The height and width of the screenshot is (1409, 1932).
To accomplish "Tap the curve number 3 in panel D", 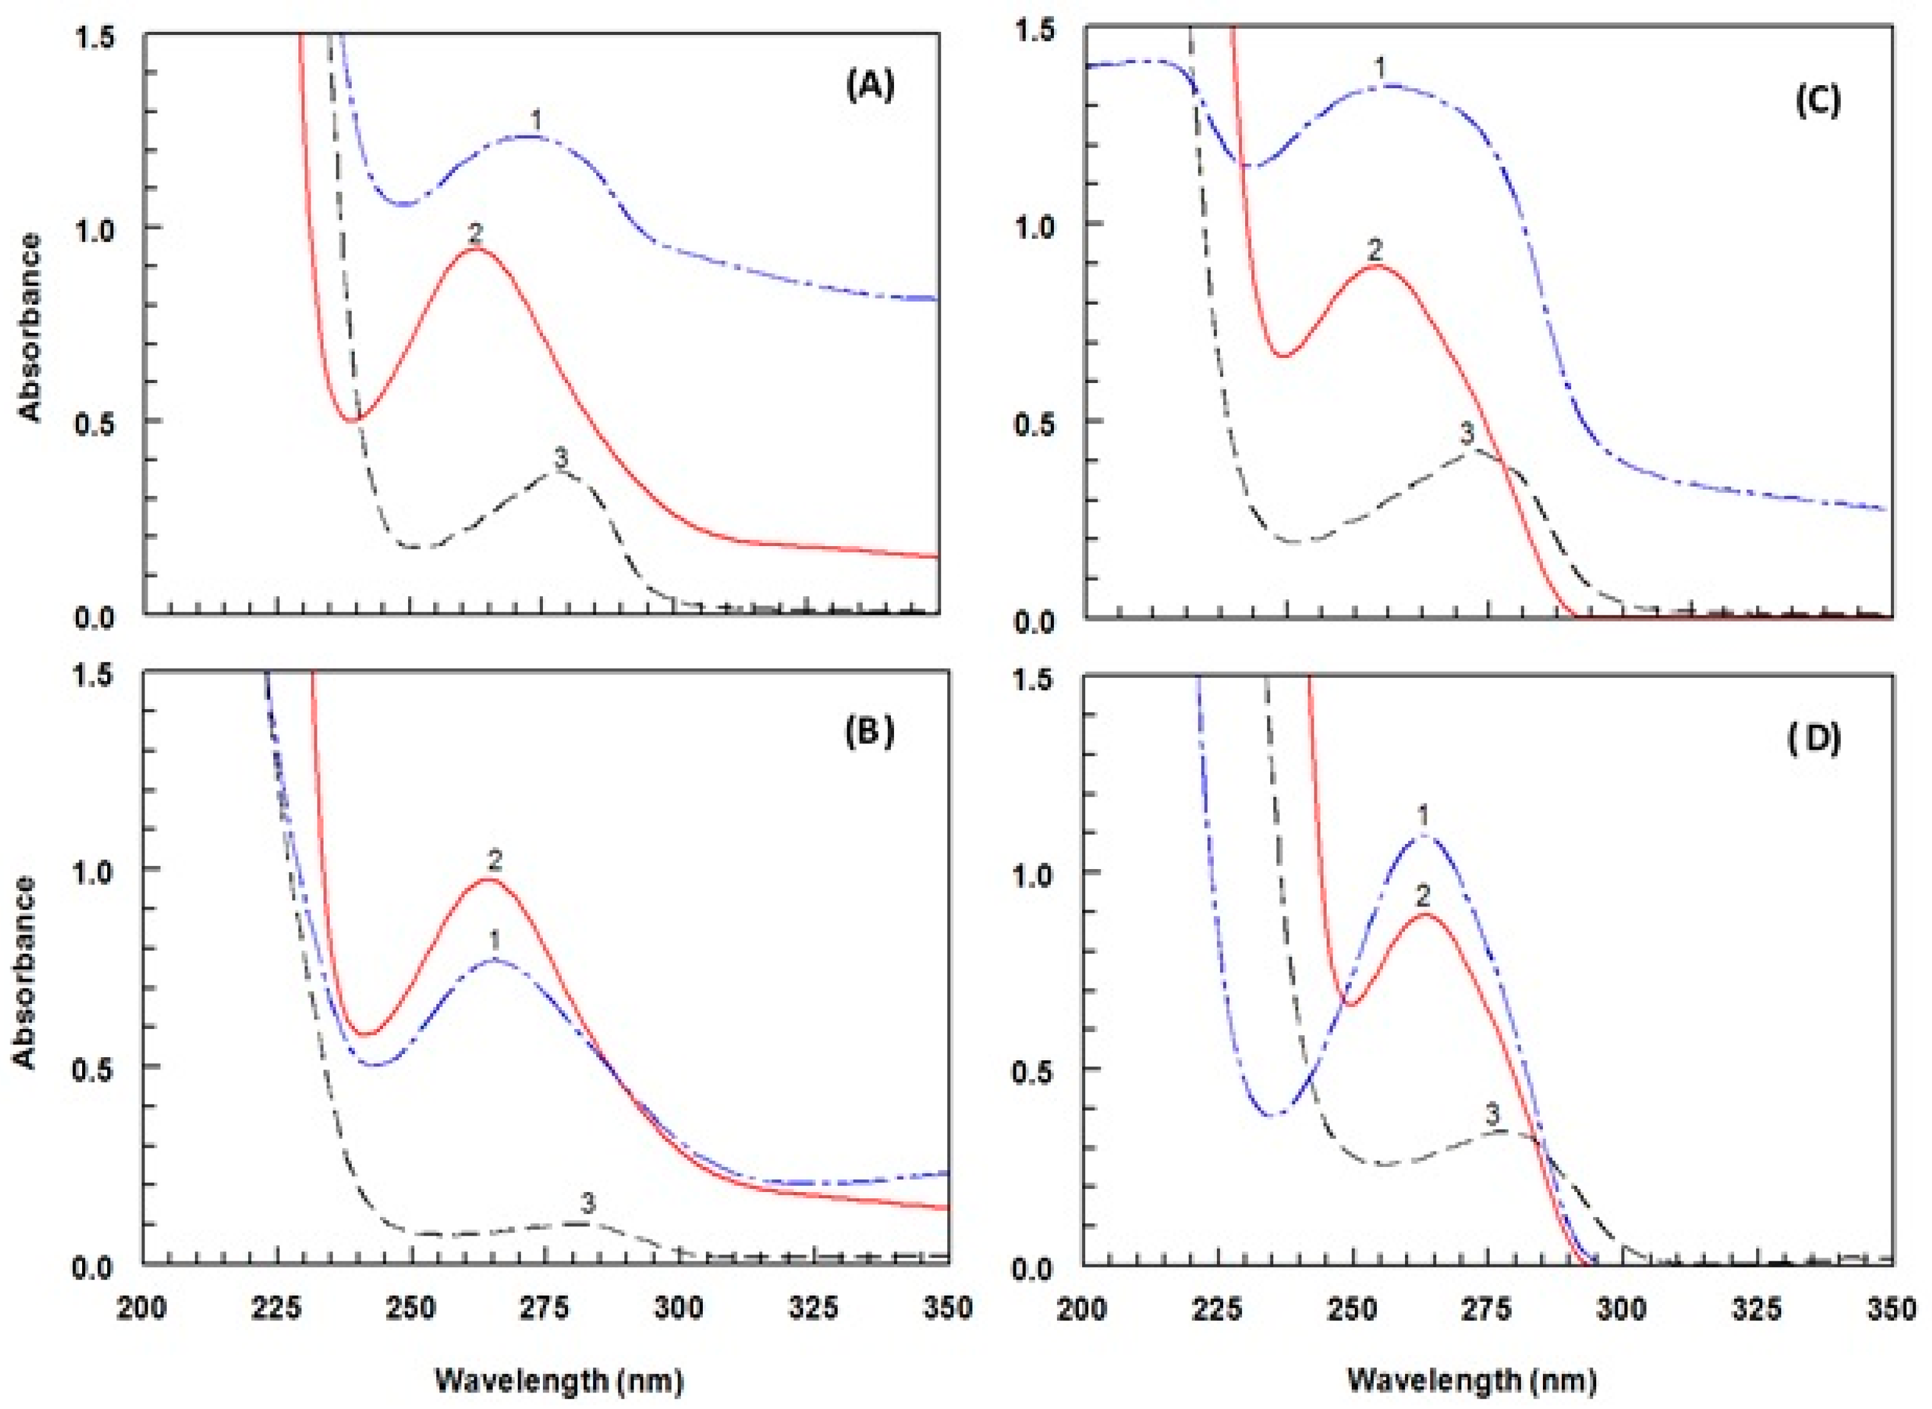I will [x=1492, y=1114].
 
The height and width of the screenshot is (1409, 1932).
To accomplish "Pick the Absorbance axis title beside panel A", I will [x=30, y=327].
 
